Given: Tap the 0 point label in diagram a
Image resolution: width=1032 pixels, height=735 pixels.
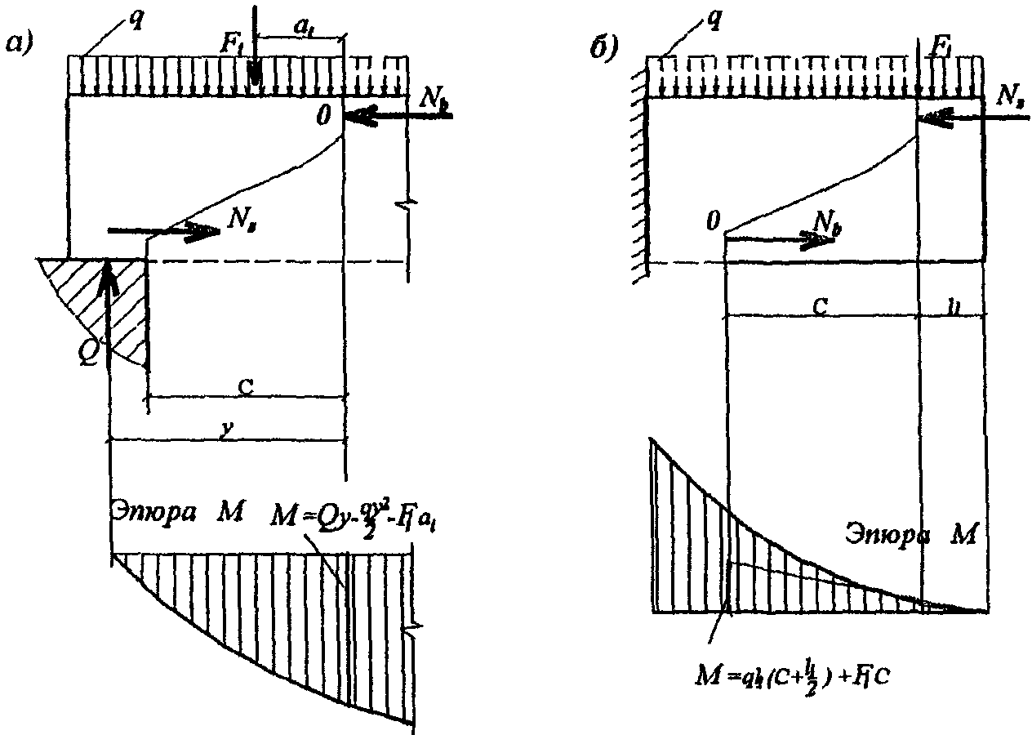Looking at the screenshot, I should tap(323, 117).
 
